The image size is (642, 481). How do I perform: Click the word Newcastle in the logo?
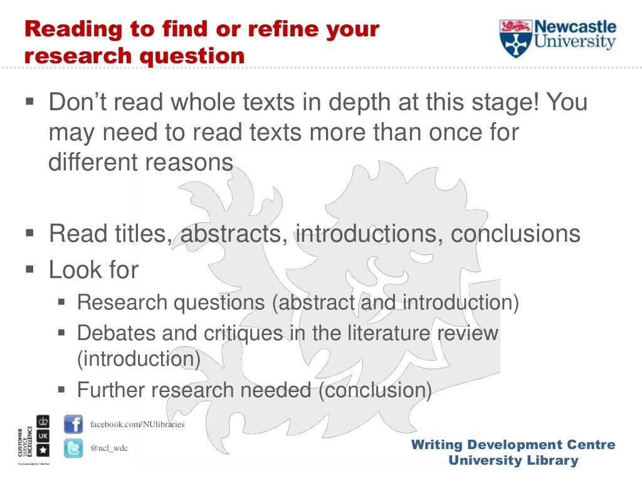[x=575, y=28]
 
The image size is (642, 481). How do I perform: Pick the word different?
[x=92, y=162]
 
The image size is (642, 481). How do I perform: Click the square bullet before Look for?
[x=29, y=271]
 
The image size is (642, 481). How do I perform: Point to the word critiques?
[x=243, y=333]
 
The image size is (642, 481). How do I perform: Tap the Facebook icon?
[x=73, y=425]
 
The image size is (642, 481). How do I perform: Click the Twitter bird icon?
[x=73, y=448]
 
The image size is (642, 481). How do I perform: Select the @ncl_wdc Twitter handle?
[x=109, y=448]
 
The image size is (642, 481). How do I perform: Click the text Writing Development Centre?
[x=513, y=445]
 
